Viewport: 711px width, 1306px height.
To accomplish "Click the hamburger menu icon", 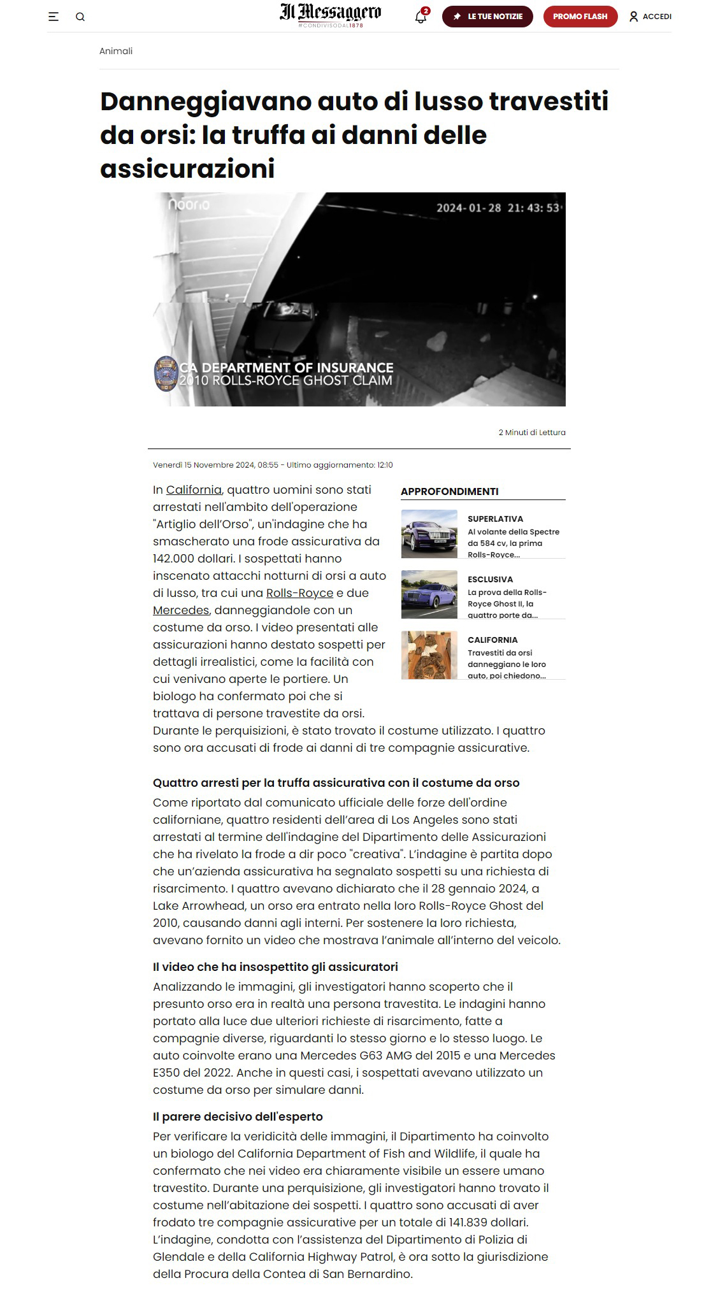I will [x=54, y=17].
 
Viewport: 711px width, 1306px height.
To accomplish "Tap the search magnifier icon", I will [x=80, y=17].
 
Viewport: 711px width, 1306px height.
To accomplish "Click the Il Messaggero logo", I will [x=330, y=14].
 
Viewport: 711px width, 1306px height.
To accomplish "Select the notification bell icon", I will [x=420, y=17].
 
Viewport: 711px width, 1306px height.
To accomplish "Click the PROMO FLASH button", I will [x=580, y=17].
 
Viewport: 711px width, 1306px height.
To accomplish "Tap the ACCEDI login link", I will [x=650, y=17].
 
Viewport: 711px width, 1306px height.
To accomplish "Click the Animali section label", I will [x=116, y=51].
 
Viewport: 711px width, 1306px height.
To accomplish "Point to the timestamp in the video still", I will [x=498, y=208].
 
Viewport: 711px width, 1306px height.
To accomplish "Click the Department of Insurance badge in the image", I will [x=166, y=373].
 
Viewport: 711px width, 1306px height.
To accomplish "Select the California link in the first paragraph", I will [x=194, y=490].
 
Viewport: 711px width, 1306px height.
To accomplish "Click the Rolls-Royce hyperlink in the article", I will [x=299, y=593].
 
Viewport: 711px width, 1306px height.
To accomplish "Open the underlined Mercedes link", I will [x=181, y=610].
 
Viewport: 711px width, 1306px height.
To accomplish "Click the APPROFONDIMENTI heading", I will [x=450, y=491].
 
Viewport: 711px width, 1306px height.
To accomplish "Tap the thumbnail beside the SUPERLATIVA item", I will [x=429, y=534].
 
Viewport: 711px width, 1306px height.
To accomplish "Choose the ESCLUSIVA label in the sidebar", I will [x=490, y=579].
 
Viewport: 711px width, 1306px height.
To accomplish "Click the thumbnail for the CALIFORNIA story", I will [x=429, y=655].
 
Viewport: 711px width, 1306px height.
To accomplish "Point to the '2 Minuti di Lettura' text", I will [x=532, y=433].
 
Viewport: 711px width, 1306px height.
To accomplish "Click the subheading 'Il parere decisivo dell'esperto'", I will [x=238, y=1116].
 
